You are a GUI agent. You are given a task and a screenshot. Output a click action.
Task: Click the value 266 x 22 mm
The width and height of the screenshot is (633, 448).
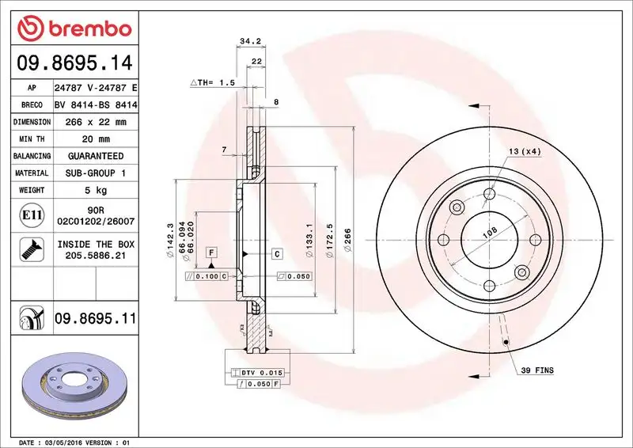pyautogui.click(x=96, y=122)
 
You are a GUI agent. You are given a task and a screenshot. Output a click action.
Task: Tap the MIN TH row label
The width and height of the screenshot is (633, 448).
pyautogui.click(x=32, y=139)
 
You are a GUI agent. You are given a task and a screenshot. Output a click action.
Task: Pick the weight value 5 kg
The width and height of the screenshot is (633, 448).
pyautogui.click(x=96, y=190)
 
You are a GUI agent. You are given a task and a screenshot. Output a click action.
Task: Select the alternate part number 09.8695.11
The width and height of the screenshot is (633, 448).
pyautogui.click(x=96, y=319)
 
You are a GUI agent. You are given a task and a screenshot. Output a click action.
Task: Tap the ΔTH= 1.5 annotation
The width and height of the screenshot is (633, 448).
pyautogui.click(x=213, y=82)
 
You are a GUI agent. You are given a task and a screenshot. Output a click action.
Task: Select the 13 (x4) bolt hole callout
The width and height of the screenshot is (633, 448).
pyautogui.click(x=524, y=151)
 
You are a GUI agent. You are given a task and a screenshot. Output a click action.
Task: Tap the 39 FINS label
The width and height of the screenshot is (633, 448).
pyautogui.click(x=537, y=370)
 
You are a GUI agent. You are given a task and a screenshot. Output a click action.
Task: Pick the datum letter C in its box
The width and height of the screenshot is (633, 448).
pyautogui.click(x=277, y=254)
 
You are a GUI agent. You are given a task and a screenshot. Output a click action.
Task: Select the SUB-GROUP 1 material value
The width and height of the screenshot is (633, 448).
pyautogui.click(x=96, y=173)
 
